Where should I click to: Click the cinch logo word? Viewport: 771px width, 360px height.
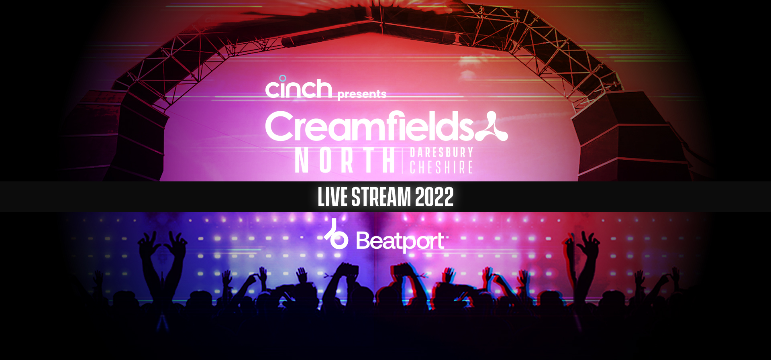(x=299, y=88)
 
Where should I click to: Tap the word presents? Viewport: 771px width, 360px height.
(x=362, y=94)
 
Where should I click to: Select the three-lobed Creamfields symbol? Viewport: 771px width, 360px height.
(x=492, y=126)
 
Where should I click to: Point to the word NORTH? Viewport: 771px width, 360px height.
(x=345, y=160)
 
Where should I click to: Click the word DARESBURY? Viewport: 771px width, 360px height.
(x=441, y=153)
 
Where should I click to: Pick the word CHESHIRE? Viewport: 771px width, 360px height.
(x=441, y=167)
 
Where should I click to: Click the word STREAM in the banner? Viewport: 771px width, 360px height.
(x=381, y=197)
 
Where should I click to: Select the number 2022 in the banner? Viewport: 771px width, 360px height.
(x=434, y=197)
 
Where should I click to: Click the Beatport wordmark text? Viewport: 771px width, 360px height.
(x=400, y=241)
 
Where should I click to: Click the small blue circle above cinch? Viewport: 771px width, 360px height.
(x=283, y=78)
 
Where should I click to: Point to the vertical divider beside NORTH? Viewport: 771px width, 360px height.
(x=402, y=160)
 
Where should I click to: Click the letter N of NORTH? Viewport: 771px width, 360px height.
(x=302, y=160)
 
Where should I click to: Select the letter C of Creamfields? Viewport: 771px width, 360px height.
(x=280, y=126)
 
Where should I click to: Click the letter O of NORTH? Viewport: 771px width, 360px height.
(x=326, y=160)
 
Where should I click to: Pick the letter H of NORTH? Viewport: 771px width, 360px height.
(x=389, y=160)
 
